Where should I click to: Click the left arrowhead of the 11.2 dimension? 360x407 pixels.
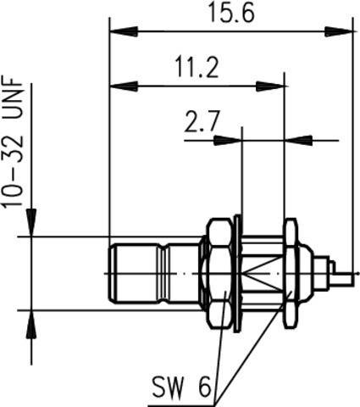119,85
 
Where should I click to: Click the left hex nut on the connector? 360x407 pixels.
218,273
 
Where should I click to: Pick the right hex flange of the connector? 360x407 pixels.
290,273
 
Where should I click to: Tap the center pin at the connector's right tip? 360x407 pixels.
342,274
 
